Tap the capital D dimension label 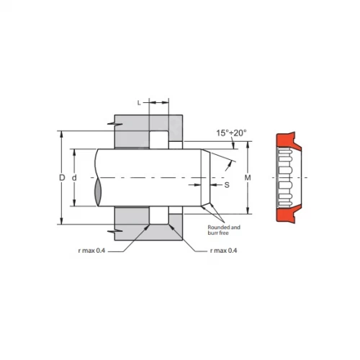63,177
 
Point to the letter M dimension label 248,177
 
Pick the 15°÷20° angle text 230,132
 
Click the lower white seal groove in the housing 159,216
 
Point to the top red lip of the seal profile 287,138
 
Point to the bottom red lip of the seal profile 287,216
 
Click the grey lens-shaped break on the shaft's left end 98,193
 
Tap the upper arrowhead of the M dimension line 247,144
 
